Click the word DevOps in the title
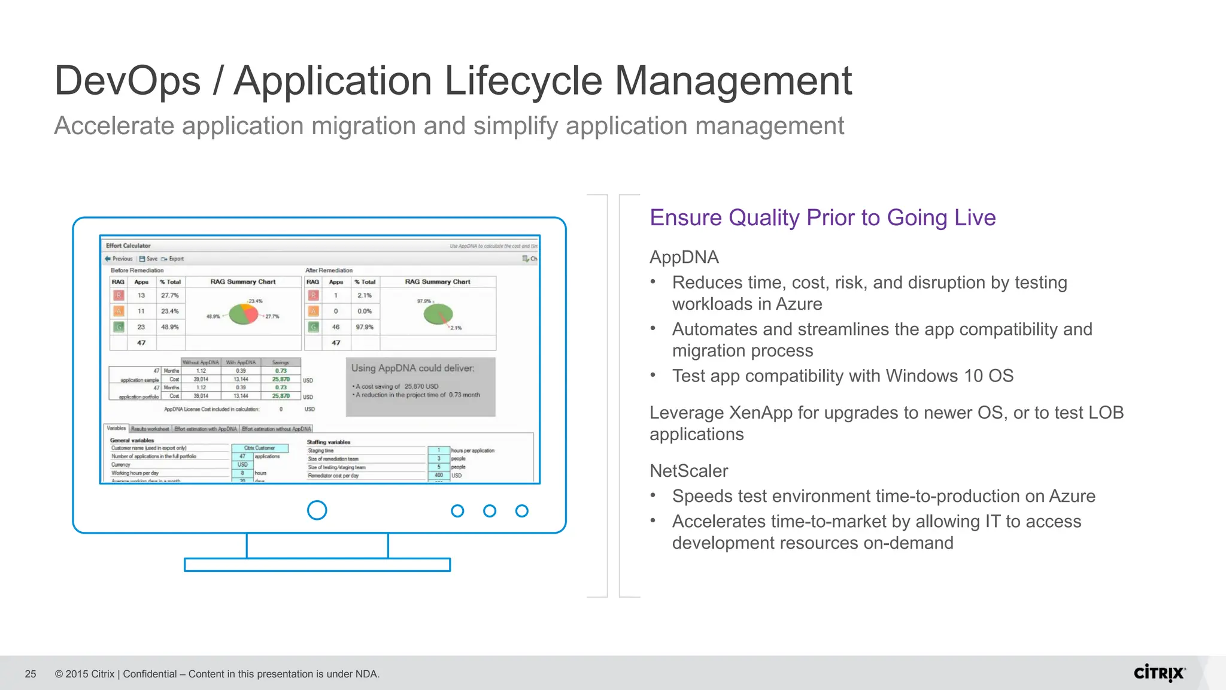(128, 81)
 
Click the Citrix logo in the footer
(1159, 673)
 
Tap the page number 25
(31, 674)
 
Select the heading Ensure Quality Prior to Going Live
(823, 217)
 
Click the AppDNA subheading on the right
(684, 257)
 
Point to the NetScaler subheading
(688, 471)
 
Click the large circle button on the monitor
(317, 510)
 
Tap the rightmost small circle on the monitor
(521, 511)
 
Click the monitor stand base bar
(317, 565)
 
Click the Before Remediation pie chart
(243, 314)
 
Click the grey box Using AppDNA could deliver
(420, 386)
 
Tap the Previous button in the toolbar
(119, 259)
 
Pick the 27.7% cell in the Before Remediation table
(169, 295)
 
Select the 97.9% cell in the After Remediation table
(364, 327)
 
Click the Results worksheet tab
(150, 429)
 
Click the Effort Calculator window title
(128, 246)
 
